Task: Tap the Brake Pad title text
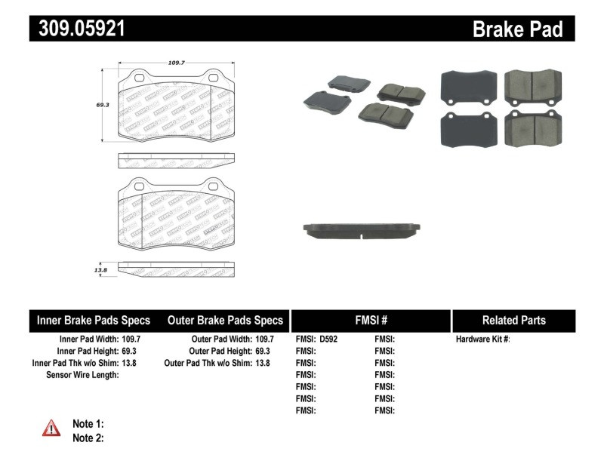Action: pyautogui.click(x=517, y=29)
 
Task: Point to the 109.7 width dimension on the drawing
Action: pyautogui.click(x=177, y=63)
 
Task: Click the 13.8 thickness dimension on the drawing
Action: pyautogui.click(x=100, y=268)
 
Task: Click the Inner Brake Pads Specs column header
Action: pyautogui.click(x=94, y=320)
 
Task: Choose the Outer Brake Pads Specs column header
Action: pyautogui.click(x=225, y=320)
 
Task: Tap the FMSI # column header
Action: pyautogui.click(x=371, y=320)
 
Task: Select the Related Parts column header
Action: pyautogui.click(x=513, y=320)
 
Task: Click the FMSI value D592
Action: pyautogui.click(x=328, y=339)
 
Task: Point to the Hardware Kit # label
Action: pyautogui.click(x=482, y=339)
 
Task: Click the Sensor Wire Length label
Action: pyautogui.click(x=82, y=374)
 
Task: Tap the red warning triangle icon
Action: pyautogui.click(x=51, y=429)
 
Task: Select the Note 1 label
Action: pyautogui.click(x=88, y=424)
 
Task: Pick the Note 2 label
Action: pyautogui.click(x=88, y=438)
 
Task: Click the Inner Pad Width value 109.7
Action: pyautogui.click(x=131, y=339)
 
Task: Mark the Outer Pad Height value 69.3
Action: pyautogui.click(x=263, y=351)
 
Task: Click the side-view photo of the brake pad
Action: pyautogui.click(x=362, y=229)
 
